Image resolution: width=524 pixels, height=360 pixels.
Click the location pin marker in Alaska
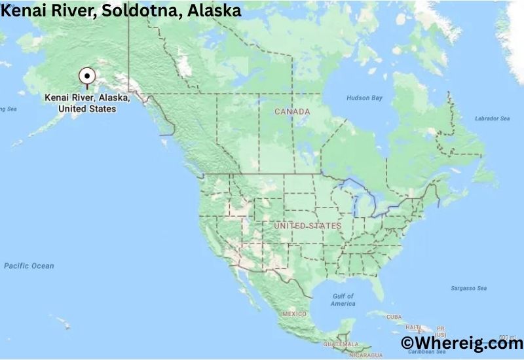[86, 77]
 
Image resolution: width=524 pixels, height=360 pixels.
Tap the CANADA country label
[292, 112]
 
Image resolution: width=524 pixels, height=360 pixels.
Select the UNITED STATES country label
[308, 226]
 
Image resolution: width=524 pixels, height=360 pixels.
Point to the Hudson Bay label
[364, 98]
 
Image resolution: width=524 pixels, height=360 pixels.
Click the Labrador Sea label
[491, 118]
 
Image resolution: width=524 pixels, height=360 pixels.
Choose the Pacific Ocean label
[29, 266]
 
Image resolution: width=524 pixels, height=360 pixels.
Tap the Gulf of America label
[343, 300]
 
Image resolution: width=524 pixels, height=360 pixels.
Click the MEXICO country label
[294, 314]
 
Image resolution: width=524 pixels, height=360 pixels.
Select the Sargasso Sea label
[468, 288]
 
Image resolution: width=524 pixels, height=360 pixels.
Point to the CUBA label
[393, 317]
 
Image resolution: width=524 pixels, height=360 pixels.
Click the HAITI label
[413, 327]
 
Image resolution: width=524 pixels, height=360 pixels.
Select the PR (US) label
[441, 331]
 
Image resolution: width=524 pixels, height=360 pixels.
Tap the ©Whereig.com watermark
[461, 342]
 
